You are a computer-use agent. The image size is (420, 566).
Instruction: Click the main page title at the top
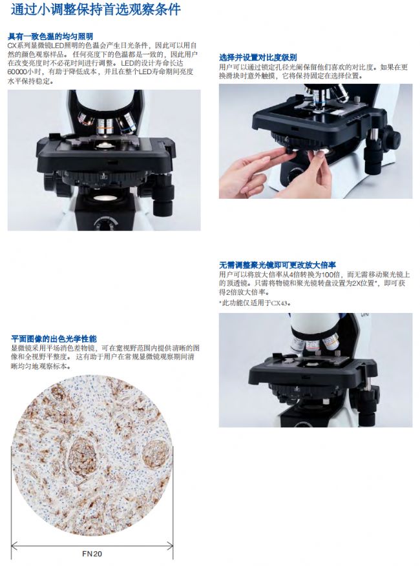pyautogui.click(x=96, y=9)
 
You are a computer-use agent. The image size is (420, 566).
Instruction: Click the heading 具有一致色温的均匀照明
pyautogui.click(x=50, y=36)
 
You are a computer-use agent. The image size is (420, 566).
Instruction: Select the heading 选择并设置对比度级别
pyautogui.click(x=258, y=57)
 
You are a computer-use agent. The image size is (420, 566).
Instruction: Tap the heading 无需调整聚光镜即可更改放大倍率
pyautogui.click(x=278, y=265)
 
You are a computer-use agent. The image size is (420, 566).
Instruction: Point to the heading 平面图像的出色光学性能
pyautogui.click(x=54, y=339)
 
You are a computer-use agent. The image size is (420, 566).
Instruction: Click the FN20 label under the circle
pyautogui.click(x=92, y=553)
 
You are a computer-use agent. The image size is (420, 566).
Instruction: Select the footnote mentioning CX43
pyautogui.click(x=255, y=303)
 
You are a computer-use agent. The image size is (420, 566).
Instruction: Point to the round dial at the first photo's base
pyautogui.click(x=103, y=223)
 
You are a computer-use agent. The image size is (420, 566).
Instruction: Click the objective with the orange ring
pyautogui.click(x=105, y=126)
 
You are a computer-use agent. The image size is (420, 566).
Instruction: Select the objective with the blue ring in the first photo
pyautogui.click(x=127, y=123)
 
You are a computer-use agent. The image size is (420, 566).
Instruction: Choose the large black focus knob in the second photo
pyautogui.click(x=390, y=137)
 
